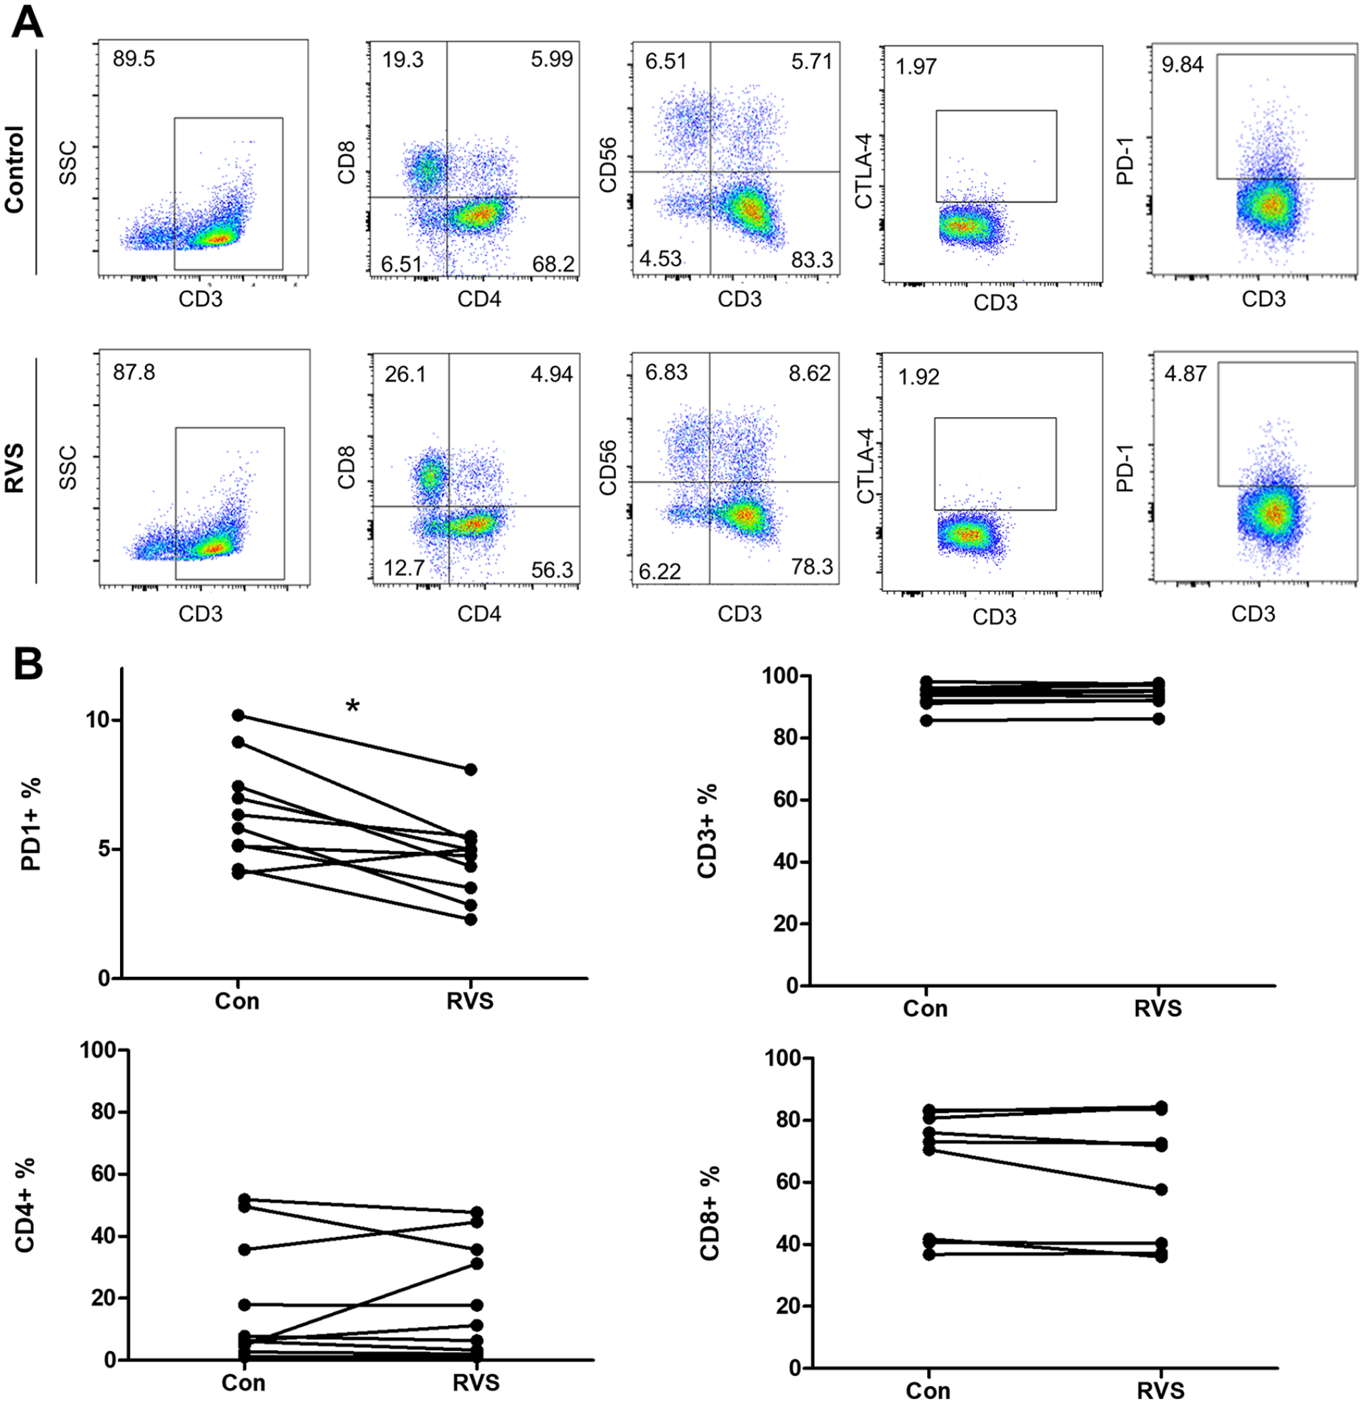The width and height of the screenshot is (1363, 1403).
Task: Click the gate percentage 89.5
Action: click(134, 59)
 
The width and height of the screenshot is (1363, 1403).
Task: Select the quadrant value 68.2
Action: click(552, 265)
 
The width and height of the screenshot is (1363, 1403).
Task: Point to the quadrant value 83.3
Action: click(812, 259)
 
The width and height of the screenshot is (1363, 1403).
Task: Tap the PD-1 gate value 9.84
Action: click(1183, 65)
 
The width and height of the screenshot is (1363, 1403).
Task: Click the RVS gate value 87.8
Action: click(134, 372)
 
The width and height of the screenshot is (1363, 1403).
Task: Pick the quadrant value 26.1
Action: click(405, 373)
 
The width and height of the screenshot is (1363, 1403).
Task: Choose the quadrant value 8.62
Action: click(811, 373)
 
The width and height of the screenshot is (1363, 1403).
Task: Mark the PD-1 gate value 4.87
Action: click(1185, 373)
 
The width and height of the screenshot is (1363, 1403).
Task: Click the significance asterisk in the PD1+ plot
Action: click(352, 707)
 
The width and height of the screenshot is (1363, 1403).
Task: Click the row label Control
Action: click(14, 169)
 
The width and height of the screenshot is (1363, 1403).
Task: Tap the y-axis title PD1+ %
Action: click(30, 824)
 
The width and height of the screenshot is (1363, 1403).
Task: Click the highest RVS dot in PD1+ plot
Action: click(470, 769)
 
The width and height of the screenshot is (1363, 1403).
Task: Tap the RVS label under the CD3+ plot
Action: click(1158, 1009)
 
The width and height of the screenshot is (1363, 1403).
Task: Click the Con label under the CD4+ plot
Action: click(243, 1382)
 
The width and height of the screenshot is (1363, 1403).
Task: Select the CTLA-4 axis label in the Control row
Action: click(864, 173)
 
